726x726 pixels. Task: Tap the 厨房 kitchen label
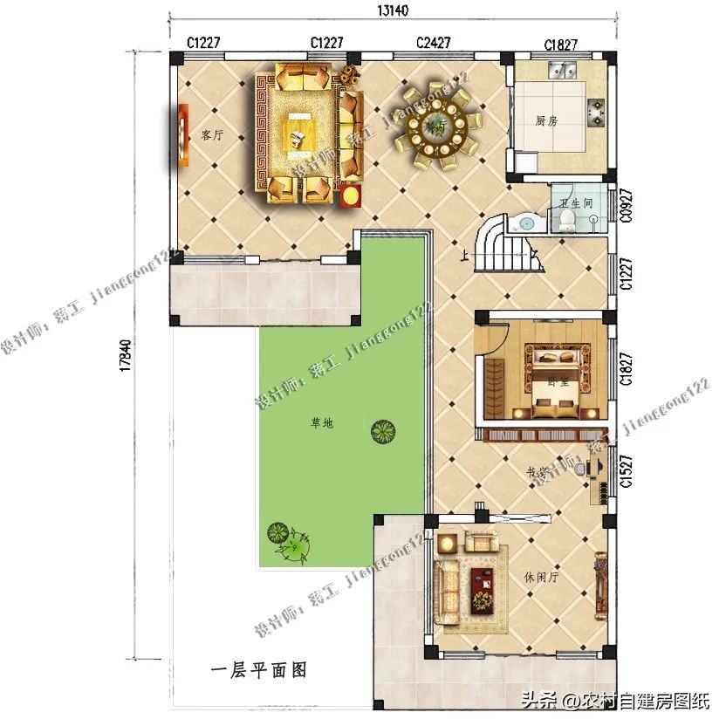pos(546,121)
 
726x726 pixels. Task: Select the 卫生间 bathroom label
pos(576,203)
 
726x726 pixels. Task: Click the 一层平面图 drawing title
pos(259,670)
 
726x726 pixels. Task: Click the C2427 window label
pos(433,42)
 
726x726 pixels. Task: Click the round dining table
pos(434,131)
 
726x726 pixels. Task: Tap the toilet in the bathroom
pos(567,218)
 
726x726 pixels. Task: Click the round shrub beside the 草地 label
pos(381,431)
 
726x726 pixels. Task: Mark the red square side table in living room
pos(351,196)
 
